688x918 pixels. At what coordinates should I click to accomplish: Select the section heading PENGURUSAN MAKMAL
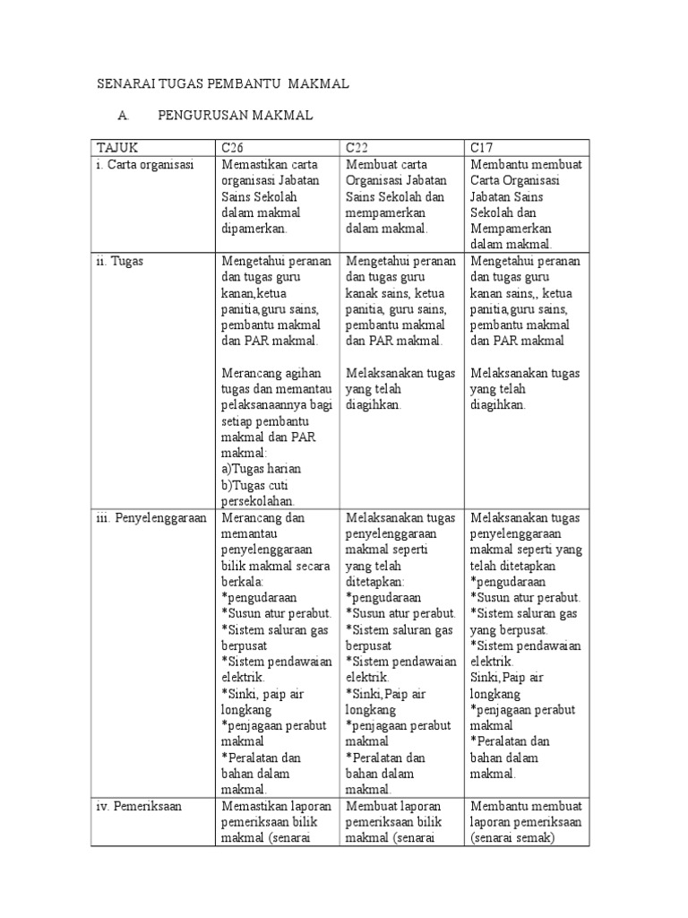(x=235, y=117)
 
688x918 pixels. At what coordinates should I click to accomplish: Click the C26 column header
(x=232, y=148)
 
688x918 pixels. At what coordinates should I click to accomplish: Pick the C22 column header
(x=357, y=148)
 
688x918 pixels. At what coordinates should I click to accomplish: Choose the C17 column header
(x=481, y=148)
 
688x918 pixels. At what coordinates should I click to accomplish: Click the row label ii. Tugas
(x=126, y=261)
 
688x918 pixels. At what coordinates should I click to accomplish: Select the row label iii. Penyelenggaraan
(x=152, y=518)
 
